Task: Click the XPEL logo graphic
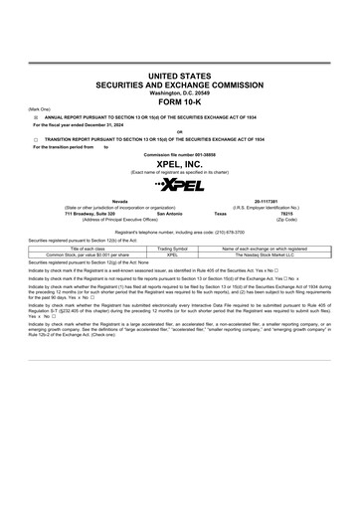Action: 180,185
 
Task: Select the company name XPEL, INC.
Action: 180,164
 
